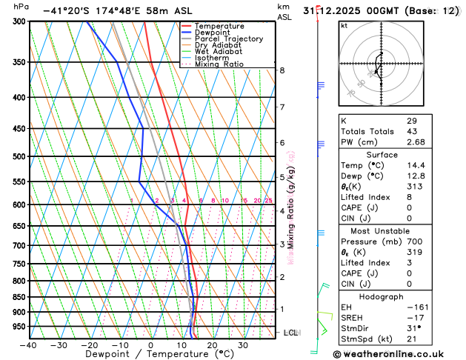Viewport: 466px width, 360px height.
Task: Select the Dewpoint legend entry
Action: pos(213,33)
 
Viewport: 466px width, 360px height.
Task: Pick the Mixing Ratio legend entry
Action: pos(219,64)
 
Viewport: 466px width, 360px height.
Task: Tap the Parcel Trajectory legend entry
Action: pos(228,39)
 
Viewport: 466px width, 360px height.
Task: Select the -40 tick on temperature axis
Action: pos(28,345)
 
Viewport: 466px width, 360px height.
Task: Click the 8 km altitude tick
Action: pos(282,70)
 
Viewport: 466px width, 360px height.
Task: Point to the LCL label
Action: pos(290,333)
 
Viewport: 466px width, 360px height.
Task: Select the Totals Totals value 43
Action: pos(412,131)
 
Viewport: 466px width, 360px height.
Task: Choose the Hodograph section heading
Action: pos(381,296)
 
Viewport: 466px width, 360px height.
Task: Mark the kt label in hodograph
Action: pos(344,25)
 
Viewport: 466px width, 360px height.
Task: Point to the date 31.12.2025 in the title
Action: pos(330,11)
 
